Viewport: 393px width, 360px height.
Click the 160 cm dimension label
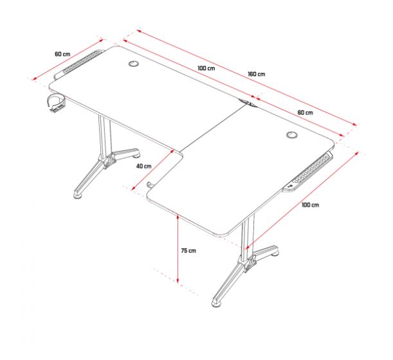[257, 74]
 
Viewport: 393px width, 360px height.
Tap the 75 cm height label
[188, 250]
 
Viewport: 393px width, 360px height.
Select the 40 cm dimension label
[144, 166]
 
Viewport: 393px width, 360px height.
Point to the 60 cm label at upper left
[62, 54]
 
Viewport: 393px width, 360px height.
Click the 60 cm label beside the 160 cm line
[306, 113]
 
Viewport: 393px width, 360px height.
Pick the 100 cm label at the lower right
[310, 205]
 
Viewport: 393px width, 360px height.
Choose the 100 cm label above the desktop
[206, 68]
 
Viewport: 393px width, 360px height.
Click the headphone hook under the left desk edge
[57, 102]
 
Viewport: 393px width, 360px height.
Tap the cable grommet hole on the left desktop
[133, 64]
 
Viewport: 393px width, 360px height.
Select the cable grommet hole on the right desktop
[292, 135]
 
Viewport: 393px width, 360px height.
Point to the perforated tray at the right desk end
[309, 172]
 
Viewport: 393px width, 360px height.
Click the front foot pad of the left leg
[78, 195]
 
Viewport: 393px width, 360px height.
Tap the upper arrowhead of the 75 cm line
[178, 217]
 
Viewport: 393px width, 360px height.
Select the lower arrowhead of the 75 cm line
[178, 280]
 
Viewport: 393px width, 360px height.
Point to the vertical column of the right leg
[249, 236]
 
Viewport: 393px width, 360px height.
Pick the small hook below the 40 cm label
[151, 185]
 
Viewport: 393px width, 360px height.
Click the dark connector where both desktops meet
[248, 104]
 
